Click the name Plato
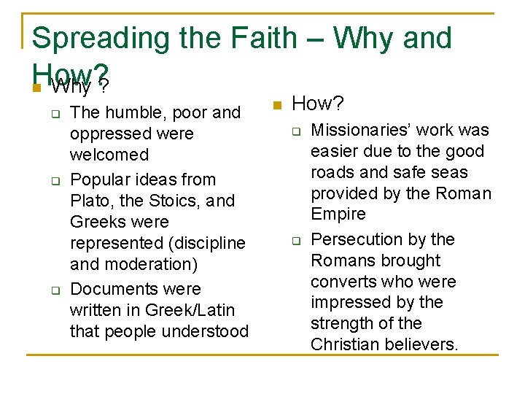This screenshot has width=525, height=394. coord(91,201)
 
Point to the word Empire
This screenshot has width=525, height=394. coord(339,215)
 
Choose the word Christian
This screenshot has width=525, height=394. coord(343,344)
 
